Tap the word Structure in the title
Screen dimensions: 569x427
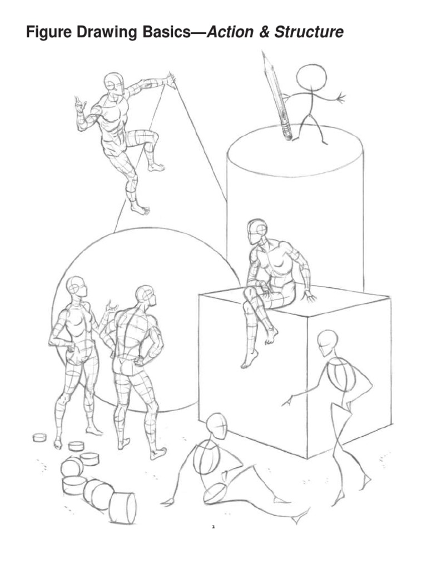(308, 33)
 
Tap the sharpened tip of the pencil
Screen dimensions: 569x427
(264, 54)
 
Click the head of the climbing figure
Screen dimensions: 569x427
(113, 83)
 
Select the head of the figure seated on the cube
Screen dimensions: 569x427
(257, 230)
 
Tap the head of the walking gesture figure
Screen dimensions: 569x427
(327, 342)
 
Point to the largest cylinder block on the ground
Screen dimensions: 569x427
(123, 507)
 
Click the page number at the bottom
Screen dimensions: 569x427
(213, 526)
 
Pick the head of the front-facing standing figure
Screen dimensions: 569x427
(76, 287)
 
